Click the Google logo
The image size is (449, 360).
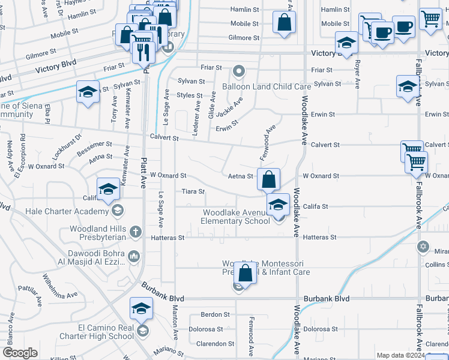coord(21,353)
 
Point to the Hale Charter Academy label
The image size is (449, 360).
coord(65,211)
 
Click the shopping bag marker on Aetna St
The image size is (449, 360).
coord(269,178)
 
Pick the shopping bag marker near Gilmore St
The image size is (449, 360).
coord(284,23)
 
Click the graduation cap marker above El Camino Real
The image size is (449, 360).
coord(141,308)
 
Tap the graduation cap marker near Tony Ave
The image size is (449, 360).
coord(88,92)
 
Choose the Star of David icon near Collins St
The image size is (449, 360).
coord(423,247)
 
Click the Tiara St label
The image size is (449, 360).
coord(194,192)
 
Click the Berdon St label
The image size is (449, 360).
coord(212,314)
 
